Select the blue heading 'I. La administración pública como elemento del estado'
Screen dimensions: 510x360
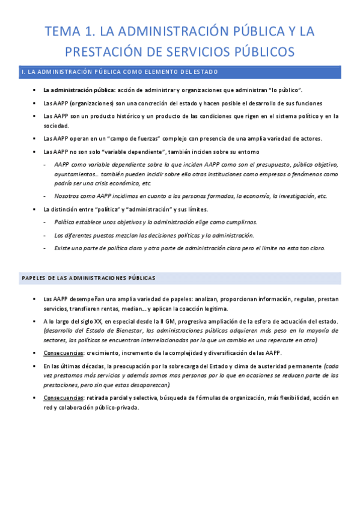120,73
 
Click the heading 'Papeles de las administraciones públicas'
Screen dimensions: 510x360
89,278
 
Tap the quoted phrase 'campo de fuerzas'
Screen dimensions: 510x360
127,138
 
